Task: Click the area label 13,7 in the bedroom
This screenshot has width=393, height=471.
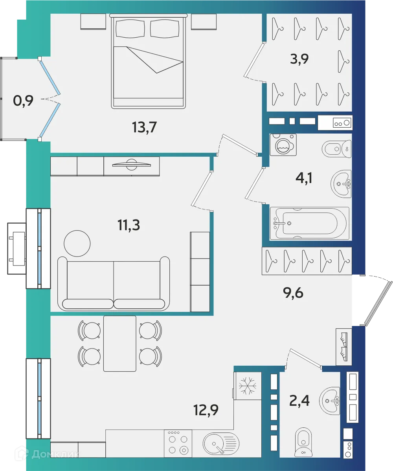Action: [145, 127]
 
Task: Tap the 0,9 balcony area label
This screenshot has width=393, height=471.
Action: [23, 101]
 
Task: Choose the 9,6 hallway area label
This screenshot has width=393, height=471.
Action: [294, 293]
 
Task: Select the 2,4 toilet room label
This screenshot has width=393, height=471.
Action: [300, 401]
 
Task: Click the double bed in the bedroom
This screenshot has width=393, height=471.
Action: [149, 61]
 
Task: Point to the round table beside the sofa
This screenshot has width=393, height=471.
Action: [77, 243]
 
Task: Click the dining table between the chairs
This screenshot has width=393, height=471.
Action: [119, 343]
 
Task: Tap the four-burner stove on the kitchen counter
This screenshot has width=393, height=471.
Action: [178, 443]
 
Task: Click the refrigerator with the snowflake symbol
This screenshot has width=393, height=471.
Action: [248, 386]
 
